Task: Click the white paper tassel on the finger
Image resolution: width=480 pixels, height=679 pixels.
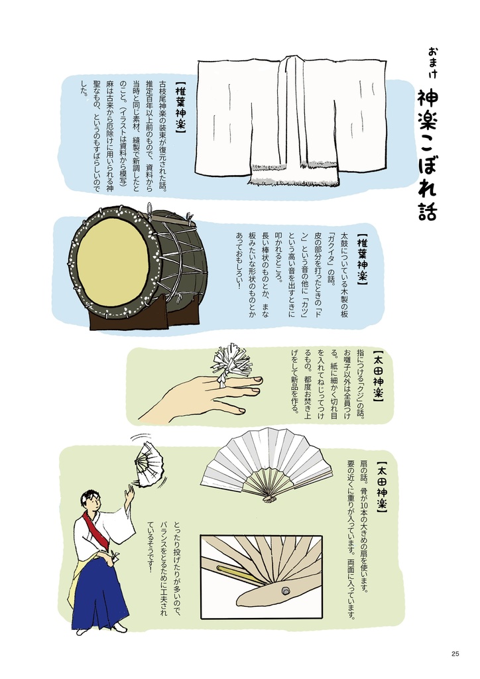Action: click(x=231, y=362)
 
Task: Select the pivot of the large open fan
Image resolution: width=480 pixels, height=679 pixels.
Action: click(x=269, y=497)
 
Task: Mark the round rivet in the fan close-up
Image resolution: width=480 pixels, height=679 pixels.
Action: click(x=285, y=589)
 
